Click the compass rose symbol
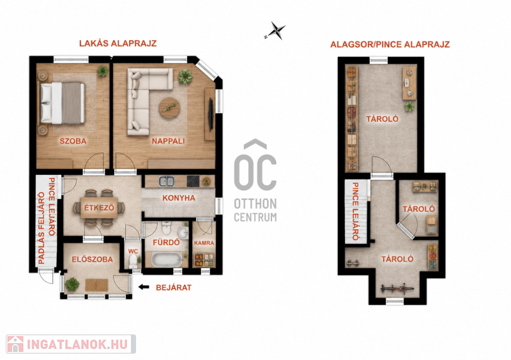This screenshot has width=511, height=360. [275, 31]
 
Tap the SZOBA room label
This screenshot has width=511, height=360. [73, 141]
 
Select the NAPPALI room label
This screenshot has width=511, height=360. [168, 141]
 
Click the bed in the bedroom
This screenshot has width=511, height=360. [62, 103]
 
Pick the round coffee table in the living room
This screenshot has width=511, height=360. [169, 107]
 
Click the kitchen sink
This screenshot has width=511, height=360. [167, 181]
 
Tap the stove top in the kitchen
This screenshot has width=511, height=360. [193, 181]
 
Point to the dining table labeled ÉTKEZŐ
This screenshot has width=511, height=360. [99, 207]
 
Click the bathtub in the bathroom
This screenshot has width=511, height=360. [167, 260]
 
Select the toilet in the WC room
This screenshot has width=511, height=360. [133, 260]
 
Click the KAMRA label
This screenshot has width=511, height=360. [204, 243]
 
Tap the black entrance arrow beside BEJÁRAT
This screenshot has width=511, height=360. [144, 287]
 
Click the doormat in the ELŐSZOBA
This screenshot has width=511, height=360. [97, 285]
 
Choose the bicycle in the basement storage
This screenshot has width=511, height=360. [397, 289]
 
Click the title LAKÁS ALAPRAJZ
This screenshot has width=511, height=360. [118, 43]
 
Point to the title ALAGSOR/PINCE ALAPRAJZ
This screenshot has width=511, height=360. [390, 44]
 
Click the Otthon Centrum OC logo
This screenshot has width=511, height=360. [256, 181]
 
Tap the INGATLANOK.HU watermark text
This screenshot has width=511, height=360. [77, 345]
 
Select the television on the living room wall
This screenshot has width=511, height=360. [211, 115]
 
